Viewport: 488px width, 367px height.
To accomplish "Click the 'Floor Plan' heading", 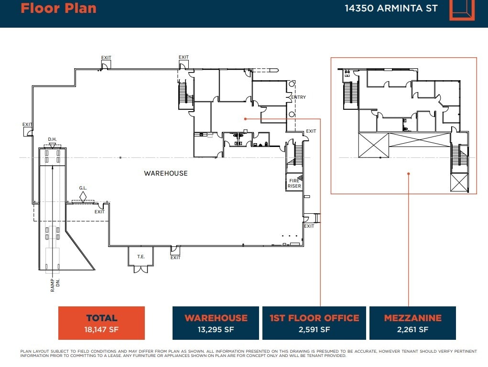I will coord(58,8).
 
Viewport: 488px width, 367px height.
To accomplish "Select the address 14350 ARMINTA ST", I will coord(391,8).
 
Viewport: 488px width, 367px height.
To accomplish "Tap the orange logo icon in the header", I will coord(462,9).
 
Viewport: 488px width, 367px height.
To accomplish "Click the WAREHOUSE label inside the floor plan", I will coord(166,173).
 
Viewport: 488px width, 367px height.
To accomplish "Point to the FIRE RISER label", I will coord(294,183).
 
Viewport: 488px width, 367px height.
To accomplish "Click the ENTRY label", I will coord(298,97).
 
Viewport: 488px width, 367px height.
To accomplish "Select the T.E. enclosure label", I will coord(141,257).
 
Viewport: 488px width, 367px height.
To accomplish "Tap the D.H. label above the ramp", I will coord(52,139).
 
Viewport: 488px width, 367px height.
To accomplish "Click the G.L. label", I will coord(83,188).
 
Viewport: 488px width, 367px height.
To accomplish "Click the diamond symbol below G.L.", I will coord(83,196).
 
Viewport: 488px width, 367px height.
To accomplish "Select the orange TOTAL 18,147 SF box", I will coord(101,323).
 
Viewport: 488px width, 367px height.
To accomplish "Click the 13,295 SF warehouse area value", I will coord(216,329).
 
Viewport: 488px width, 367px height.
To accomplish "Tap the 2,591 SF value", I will coord(314,329).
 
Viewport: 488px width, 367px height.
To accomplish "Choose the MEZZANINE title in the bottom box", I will coord(412,318).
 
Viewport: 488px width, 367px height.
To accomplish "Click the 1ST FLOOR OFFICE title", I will coord(314,318).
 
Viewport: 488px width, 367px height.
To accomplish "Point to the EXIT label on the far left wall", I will coord(28,125).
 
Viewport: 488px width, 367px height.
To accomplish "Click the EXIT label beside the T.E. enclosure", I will coord(175,258).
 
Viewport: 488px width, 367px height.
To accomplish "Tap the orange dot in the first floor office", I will coord(245,119).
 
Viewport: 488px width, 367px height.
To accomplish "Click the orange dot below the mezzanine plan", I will coord(408,174).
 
